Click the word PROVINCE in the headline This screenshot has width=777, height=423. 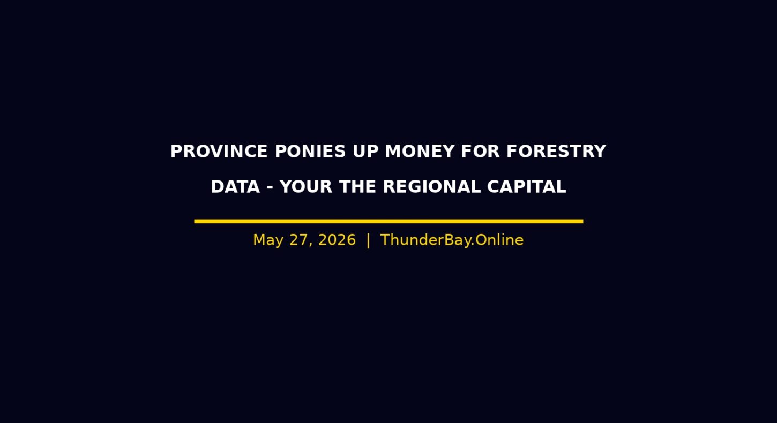coord(219,152)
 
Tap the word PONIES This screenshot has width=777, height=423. coord(310,152)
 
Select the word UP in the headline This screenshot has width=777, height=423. coord(365,152)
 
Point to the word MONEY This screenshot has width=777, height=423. coord(420,152)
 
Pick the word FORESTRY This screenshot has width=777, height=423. coord(556,152)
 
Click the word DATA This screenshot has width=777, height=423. coord(236,187)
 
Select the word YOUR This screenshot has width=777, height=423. coord(306,187)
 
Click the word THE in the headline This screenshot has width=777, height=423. coord(357,187)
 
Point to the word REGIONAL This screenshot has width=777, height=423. coord(432,187)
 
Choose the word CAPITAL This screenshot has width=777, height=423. coord(527,187)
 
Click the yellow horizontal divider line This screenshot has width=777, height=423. coord(388,221)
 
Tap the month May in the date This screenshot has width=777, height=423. coord(268,240)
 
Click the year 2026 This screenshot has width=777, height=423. coord(337,240)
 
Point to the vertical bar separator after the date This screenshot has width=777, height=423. coord(368,240)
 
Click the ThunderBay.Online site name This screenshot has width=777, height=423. coord(452,240)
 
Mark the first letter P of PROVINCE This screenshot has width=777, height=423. coord(176,152)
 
